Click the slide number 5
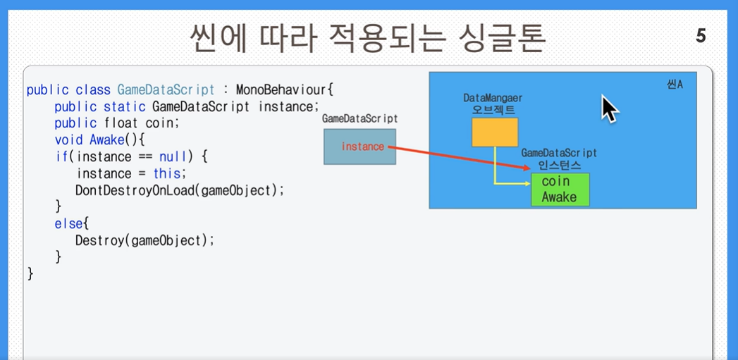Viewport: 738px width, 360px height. [x=701, y=36]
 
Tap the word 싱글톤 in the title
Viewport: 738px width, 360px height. [x=500, y=37]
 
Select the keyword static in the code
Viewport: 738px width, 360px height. [x=124, y=107]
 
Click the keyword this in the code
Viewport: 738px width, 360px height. [x=167, y=173]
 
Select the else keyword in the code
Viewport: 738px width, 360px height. [x=66, y=224]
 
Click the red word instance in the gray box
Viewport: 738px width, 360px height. [x=363, y=147]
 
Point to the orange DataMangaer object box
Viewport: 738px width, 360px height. [x=495, y=132]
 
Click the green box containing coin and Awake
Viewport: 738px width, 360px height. [x=560, y=190]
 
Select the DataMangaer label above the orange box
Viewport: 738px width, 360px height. [x=493, y=98]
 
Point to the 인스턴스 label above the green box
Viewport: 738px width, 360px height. [x=560, y=166]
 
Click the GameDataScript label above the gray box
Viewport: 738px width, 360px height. [x=359, y=119]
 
